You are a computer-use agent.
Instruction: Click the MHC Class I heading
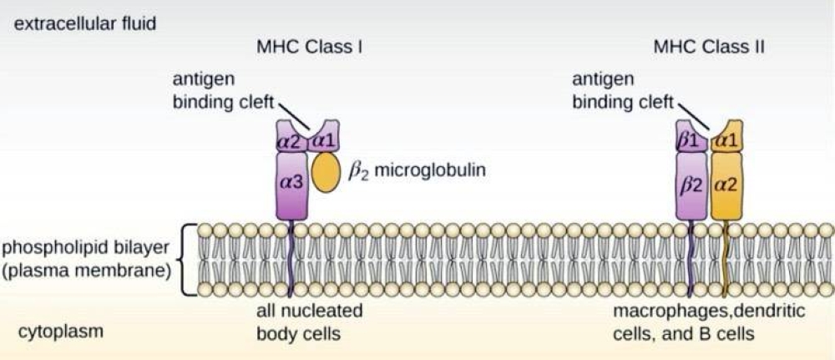[x=308, y=48]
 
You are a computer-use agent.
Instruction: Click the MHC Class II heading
[x=709, y=48]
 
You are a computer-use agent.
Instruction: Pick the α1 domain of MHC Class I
[x=321, y=139]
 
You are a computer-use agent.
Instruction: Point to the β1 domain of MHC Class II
[x=689, y=139]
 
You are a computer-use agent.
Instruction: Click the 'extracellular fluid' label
[x=81, y=23]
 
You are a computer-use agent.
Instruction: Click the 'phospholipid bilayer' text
[x=86, y=248]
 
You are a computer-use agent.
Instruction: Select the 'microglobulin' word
[x=429, y=171]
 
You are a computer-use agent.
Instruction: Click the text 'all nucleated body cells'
[x=308, y=322]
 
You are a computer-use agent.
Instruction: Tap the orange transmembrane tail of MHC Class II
[x=723, y=258]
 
